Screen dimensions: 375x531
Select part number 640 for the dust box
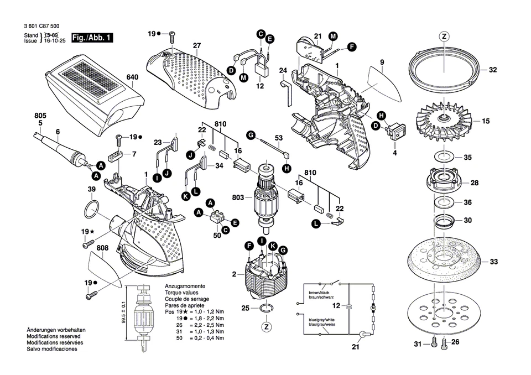pyautogui.click(x=132, y=78)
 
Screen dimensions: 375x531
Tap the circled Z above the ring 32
pyautogui.click(x=444, y=37)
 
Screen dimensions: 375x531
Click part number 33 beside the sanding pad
pyautogui.click(x=494, y=262)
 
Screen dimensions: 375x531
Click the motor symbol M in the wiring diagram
pyautogui.click(x=372, y=306)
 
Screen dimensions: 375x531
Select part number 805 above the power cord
pyautogui.click(x=40, y=116)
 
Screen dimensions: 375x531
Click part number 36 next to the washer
pyautogui.click(x=468, y=202)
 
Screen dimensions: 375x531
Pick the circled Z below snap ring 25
pyautogui.click(x=267, y=327)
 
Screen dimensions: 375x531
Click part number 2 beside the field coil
pyautogui.click(x=233, y=274)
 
